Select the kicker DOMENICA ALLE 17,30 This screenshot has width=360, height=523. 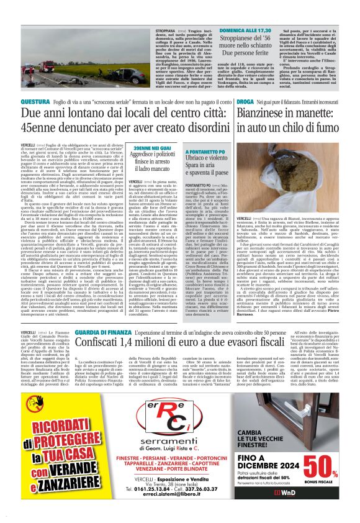pos(212,30)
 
